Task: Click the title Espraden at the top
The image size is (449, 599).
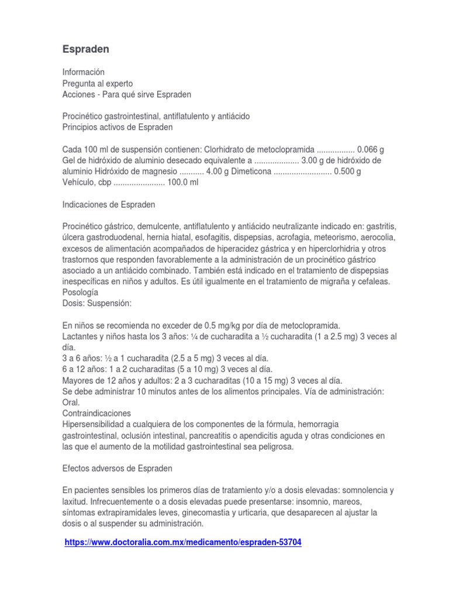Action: [x=85, y=50]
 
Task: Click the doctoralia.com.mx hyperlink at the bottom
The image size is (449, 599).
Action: [x=182, y=542]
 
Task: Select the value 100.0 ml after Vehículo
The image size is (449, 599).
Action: [x=183, y=183]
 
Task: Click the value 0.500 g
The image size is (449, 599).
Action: [x=348, y=171]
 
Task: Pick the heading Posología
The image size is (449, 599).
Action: [x=80, y=292]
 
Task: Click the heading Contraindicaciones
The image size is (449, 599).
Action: [x=96, y=413]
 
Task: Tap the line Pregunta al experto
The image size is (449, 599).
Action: [x=98, y=83]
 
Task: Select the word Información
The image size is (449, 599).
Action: [x=84, y=72]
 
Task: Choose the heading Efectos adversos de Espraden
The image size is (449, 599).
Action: [x=117, y=469]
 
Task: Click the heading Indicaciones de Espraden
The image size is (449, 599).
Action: [x=109, y=205]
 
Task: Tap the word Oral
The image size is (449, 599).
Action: [x=70, y=402]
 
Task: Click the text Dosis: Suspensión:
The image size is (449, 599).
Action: [x=97, y=303]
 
